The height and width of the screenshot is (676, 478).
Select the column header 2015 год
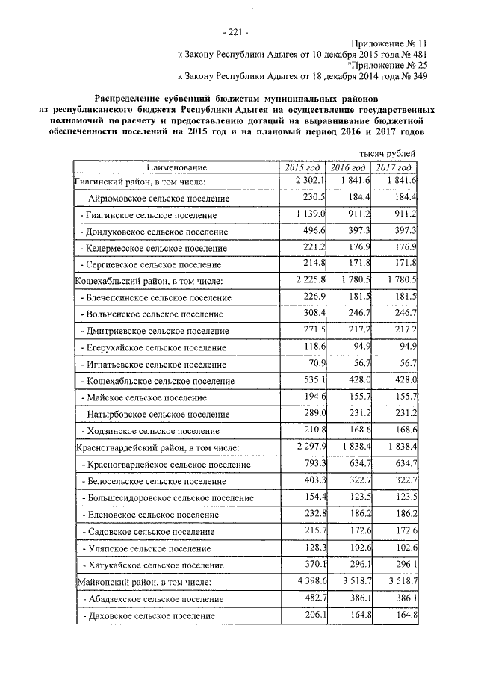point(303,167)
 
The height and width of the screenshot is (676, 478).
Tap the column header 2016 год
point(348,167)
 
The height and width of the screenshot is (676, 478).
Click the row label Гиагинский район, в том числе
point(140,181)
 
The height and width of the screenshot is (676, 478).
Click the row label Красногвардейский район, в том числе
point(157,448)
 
